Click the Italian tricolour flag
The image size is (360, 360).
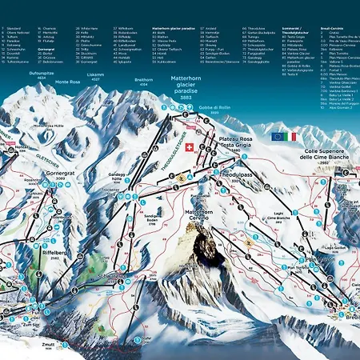pyautogui.click(x=289, y=137)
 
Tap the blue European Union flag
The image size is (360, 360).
pyautogui.click(x=277, y=137)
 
